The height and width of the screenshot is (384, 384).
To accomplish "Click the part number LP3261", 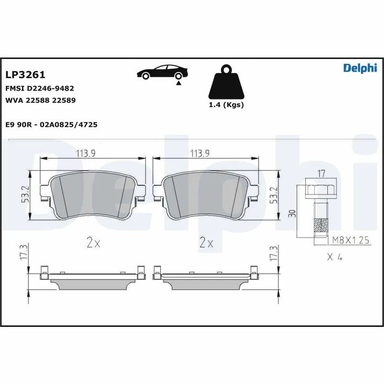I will (x=25, y=75).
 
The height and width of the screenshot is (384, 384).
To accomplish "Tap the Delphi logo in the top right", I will (x=360, y=68).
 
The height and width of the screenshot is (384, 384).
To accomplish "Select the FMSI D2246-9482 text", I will (x=39, y=88).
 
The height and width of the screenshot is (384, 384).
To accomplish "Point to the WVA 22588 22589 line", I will (x=40, y=100).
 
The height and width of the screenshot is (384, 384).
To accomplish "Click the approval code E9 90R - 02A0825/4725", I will (x=51, y=124).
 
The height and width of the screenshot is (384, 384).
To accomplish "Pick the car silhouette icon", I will (x=162, y=72).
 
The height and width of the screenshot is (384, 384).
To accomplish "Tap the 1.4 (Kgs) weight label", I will (x=226, y=105).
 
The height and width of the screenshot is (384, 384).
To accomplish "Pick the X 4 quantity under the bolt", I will (x=334, y=257).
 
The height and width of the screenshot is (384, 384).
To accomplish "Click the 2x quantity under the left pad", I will (x=93, y=243).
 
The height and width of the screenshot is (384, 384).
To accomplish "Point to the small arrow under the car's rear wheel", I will (x=179, y=84).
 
